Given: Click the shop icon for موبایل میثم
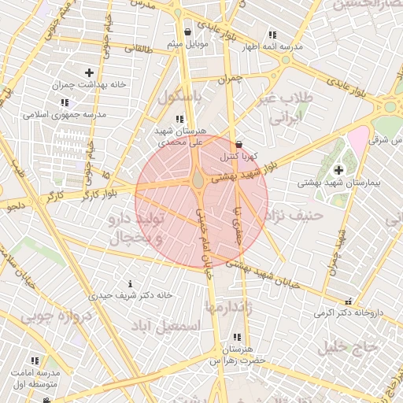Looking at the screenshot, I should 187,32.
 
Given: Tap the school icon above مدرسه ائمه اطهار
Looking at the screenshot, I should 272,35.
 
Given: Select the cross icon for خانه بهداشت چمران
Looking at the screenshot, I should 89,72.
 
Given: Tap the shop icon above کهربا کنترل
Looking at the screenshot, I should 238,145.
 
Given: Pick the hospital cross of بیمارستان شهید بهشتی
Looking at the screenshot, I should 338,169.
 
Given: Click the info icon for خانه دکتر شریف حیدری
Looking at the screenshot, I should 130,283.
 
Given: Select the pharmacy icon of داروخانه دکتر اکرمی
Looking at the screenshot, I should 348,301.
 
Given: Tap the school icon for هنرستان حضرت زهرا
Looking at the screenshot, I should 237,337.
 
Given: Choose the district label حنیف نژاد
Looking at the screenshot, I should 295,214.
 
